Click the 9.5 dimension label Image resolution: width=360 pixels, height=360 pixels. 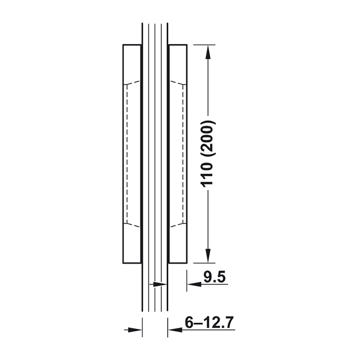[215, 277]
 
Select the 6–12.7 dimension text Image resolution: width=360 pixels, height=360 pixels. [209, 323]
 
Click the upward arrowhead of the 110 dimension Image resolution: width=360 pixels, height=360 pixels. [208, 52]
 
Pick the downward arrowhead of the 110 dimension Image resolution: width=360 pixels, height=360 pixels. [208, 256]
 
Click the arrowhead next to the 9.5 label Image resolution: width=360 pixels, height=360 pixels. [194, 284]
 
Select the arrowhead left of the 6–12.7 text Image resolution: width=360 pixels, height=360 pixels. [175, 330]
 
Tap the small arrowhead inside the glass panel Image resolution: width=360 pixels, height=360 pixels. [160, 284]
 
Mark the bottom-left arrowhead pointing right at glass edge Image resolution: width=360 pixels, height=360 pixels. [135, 330]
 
